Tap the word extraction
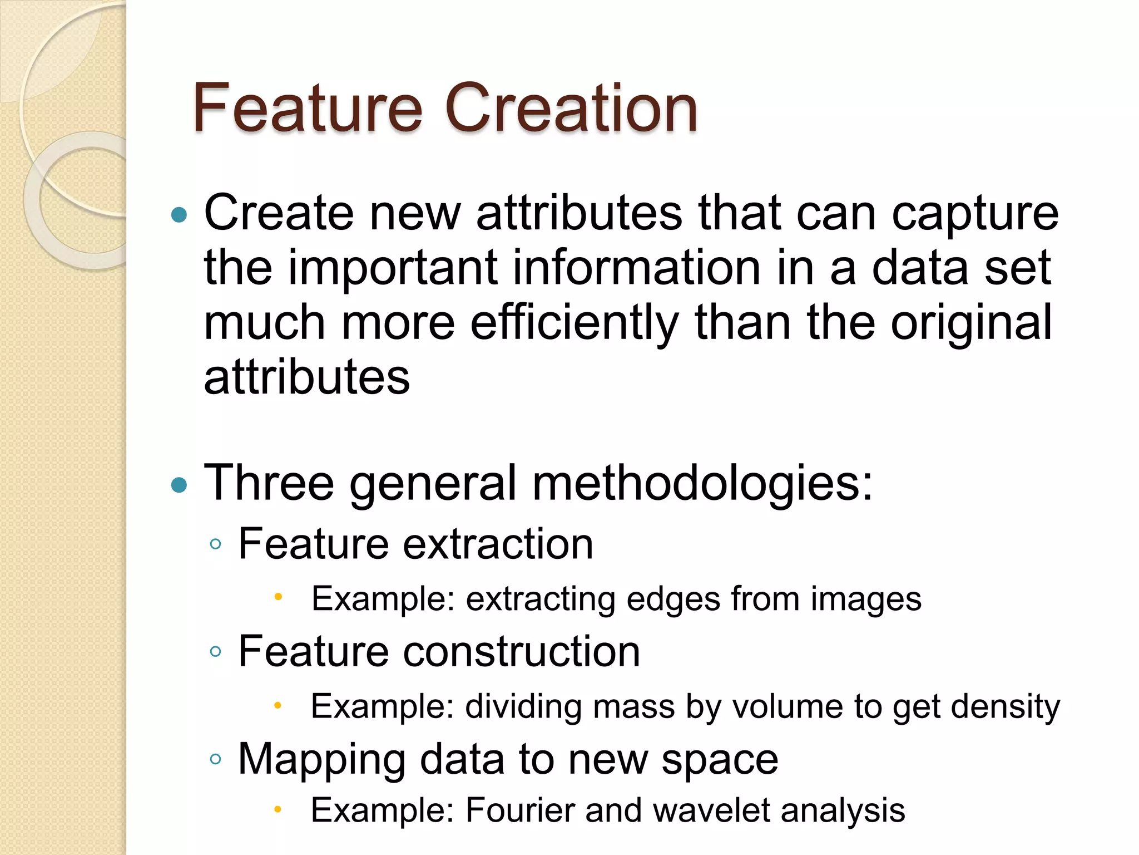[498, 544]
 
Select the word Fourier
[520, 810]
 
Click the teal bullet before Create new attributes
[179, 214]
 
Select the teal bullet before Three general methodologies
[179, 485]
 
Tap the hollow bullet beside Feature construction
[216, 652]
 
